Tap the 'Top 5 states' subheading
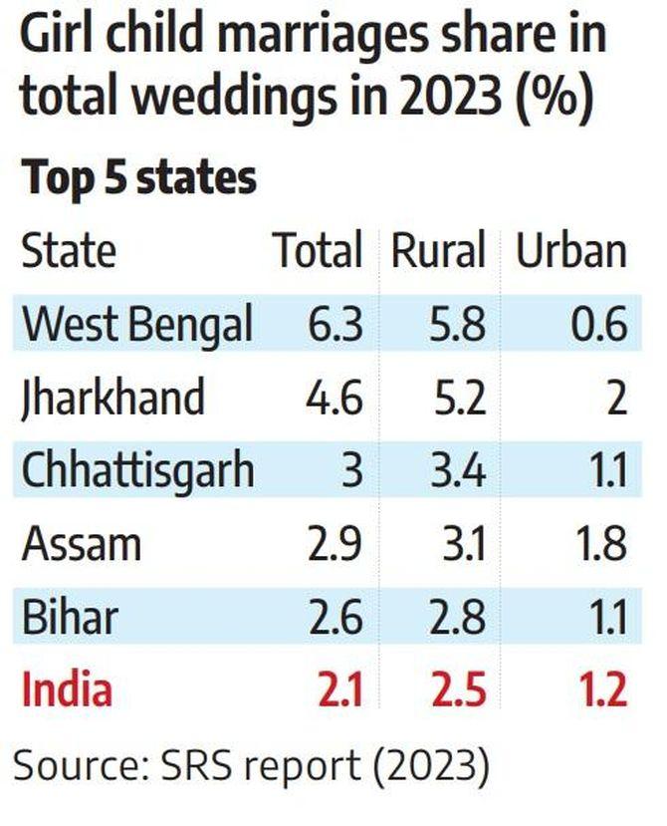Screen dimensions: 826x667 (139, 179)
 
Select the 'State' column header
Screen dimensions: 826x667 (69, 251)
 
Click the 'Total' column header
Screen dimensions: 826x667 (318, 251)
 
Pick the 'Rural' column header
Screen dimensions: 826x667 (438, 251)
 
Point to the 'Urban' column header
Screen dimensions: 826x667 (570, 251)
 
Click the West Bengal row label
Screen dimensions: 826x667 (136, 325)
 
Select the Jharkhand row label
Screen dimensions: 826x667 (112, 399)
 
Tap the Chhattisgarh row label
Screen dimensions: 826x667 (137, 471)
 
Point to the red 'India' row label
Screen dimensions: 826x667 (68, 690)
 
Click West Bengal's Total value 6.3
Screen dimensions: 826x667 (334, 325)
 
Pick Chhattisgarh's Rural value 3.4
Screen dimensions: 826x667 (459, 471)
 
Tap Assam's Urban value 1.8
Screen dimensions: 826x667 (600, 544)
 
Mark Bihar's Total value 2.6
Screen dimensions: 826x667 (334, 617)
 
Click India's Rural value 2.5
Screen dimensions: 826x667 (459, 690)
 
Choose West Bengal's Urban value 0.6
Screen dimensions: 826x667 (600, 325)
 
